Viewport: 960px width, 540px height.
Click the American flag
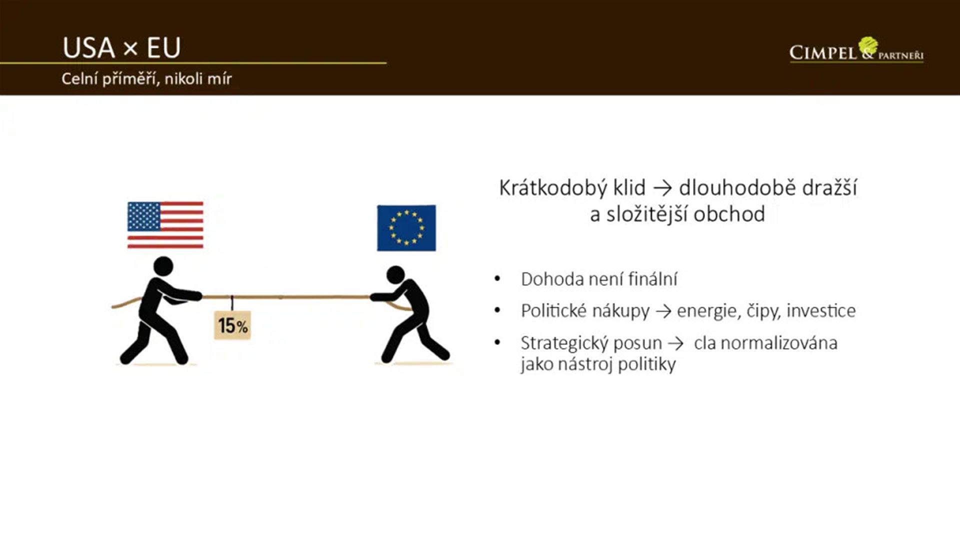point(165,225)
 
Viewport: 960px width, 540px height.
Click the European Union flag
point(406,228)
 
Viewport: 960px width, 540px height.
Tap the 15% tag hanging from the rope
point(232,325)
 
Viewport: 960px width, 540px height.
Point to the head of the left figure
point(163,266)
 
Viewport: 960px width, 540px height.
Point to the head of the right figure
point(395,274)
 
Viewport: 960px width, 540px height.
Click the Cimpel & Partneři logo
point(856,50)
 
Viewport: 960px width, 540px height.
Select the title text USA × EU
point(121,48)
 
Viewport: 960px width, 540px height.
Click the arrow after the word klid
point(662,188)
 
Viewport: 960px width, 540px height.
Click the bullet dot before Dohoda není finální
point(497,278)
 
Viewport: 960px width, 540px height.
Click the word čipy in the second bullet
point(763,311)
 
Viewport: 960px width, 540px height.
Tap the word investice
point(821,310)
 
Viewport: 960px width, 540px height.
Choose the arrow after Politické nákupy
point(663,311)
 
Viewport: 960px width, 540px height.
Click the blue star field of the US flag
point(144,216)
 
